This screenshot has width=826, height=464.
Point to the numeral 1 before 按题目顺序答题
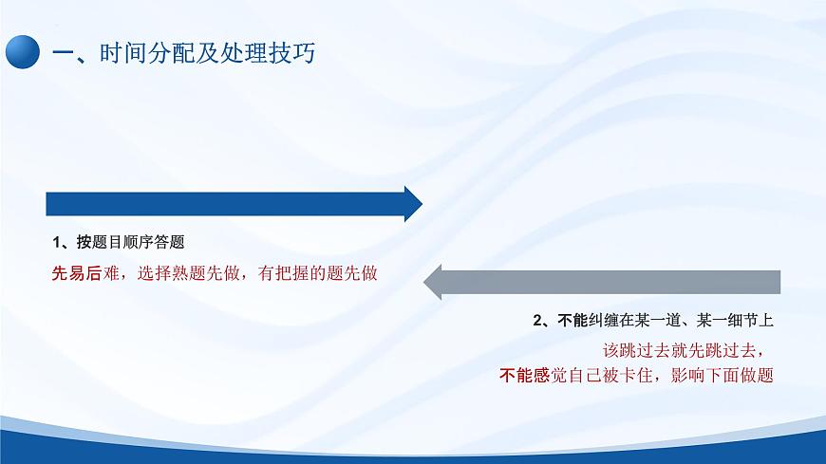[56, 241]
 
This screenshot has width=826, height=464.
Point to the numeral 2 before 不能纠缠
[538, 320]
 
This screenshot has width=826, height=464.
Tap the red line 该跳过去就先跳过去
[684, 348]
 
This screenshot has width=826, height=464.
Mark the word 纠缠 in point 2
[605, 320]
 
